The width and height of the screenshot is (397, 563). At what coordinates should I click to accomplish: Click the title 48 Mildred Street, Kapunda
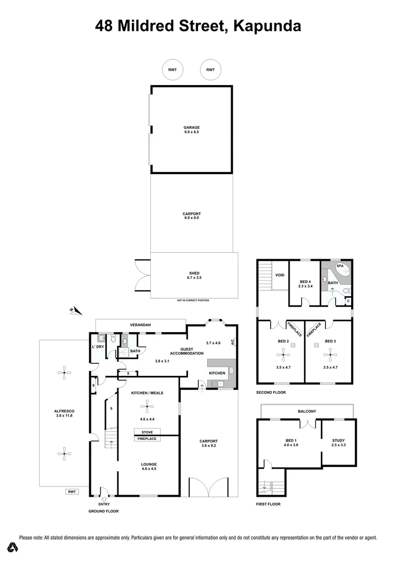click(198, 26)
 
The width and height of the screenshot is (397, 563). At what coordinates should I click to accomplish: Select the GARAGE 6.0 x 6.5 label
click(191, 130)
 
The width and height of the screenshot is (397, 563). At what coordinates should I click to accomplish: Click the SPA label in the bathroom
click(340, 265)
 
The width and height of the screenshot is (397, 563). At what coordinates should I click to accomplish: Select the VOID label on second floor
click(280, 275)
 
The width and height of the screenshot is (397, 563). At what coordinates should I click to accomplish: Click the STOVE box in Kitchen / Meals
click(147, 432)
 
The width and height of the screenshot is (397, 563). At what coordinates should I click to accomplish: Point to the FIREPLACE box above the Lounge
click(147, 439)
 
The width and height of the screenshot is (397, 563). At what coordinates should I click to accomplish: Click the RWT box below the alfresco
click(71, 492)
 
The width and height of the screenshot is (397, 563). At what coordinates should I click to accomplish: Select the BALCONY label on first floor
click(307, 411)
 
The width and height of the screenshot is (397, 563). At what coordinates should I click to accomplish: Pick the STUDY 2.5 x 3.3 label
click(338, 443)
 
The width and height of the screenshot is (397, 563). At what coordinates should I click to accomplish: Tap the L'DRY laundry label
click(97, 347)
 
